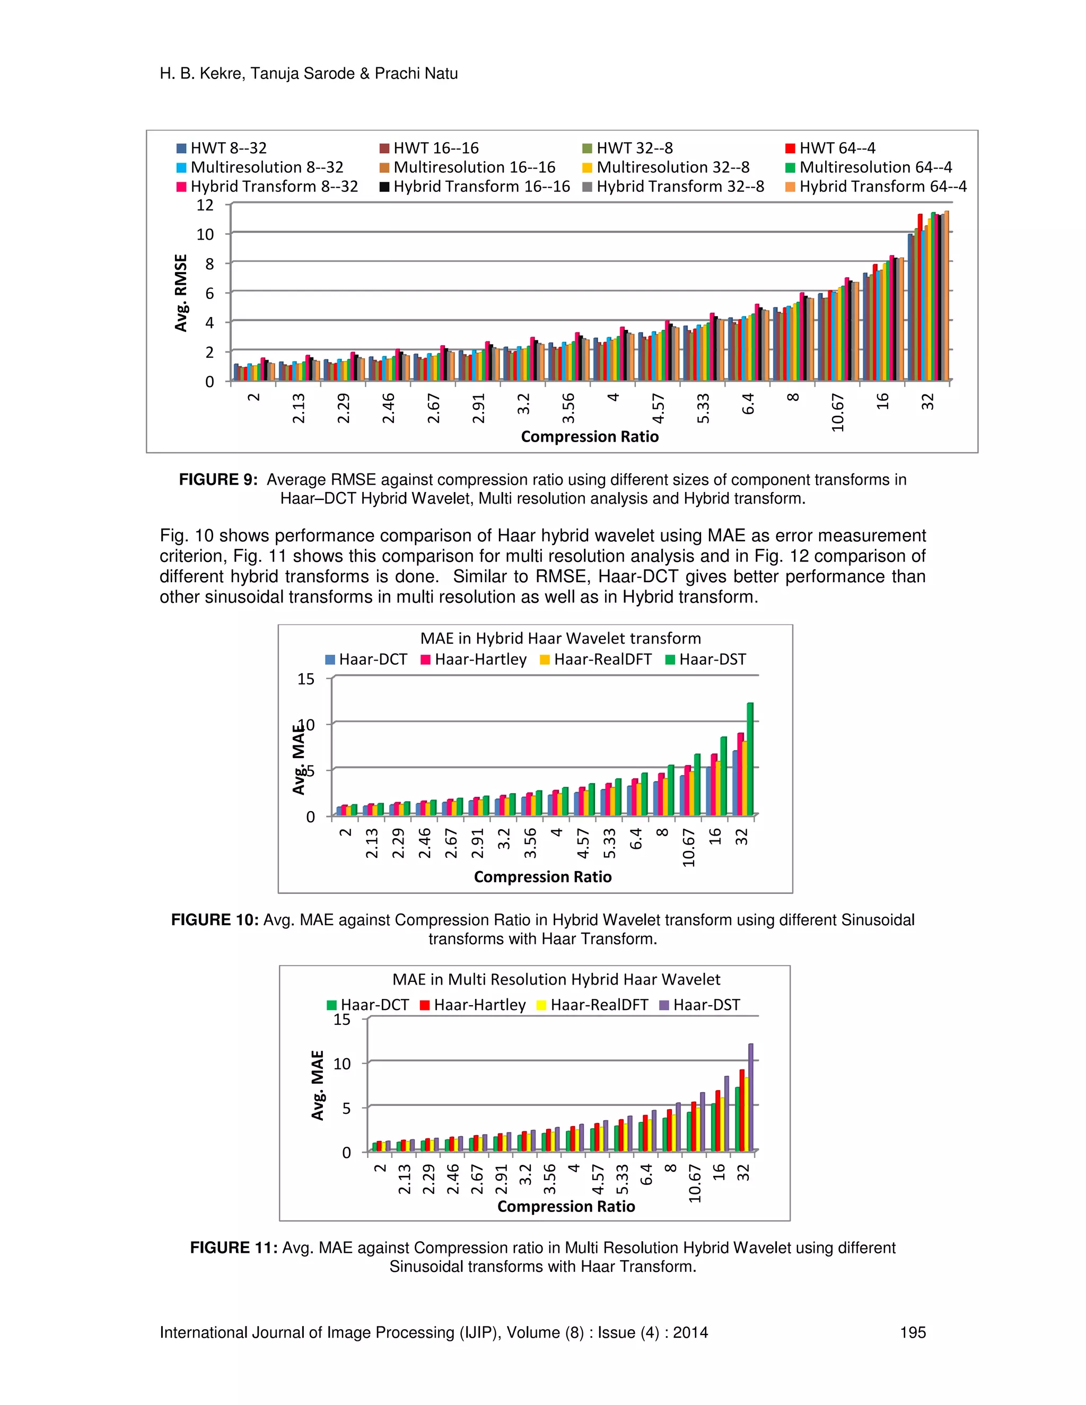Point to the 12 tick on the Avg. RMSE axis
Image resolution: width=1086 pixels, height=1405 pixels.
[205, 205]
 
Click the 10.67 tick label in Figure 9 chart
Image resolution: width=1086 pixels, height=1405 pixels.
[837, 412]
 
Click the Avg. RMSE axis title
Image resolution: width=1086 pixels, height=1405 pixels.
[181, 293]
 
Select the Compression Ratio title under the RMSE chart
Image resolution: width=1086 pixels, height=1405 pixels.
[589, 437]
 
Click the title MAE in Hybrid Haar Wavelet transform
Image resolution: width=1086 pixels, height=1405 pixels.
[560, 638]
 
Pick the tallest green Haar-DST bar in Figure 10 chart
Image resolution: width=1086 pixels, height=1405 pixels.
[749, 759]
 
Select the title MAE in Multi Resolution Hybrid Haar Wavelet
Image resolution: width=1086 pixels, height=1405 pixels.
[556, 979]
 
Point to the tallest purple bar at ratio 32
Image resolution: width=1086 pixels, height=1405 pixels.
[750, 1097]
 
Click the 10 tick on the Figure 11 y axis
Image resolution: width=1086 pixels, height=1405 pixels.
[341, 1064]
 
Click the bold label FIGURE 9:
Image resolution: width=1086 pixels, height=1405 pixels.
[218, 480]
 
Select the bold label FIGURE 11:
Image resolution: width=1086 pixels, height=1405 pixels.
[233, 1248]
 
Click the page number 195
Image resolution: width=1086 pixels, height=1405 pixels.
[912, 1332]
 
